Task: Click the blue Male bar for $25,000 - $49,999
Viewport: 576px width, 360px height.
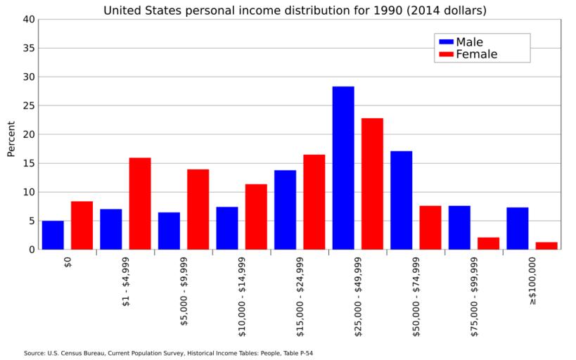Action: [x=343, y=168]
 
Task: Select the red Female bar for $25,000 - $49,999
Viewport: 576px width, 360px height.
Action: [x=372, y=184]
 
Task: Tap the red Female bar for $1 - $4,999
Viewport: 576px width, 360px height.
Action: [x=140, y=203]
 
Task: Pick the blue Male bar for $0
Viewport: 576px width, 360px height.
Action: [x=53, y=235]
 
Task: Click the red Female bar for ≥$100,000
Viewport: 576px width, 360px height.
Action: [x=546, y=245]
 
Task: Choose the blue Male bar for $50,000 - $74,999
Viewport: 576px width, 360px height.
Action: [x=402, y=200]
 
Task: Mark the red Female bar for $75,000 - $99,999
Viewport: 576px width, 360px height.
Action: [x=488, y=243]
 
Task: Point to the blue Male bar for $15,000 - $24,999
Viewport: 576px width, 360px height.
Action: [x=285, y=210]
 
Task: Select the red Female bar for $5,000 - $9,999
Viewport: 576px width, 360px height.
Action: [x=198, y=209]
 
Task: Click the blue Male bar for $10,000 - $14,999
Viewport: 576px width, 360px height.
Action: [x=227, y=228]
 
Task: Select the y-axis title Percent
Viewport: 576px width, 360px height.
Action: [x=11, y=139]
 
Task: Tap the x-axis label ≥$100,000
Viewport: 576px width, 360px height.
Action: [x=532, y=280]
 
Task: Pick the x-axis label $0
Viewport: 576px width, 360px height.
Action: [x=68, y=263]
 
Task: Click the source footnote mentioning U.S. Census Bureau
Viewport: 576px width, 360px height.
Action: [x=168, y=353]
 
